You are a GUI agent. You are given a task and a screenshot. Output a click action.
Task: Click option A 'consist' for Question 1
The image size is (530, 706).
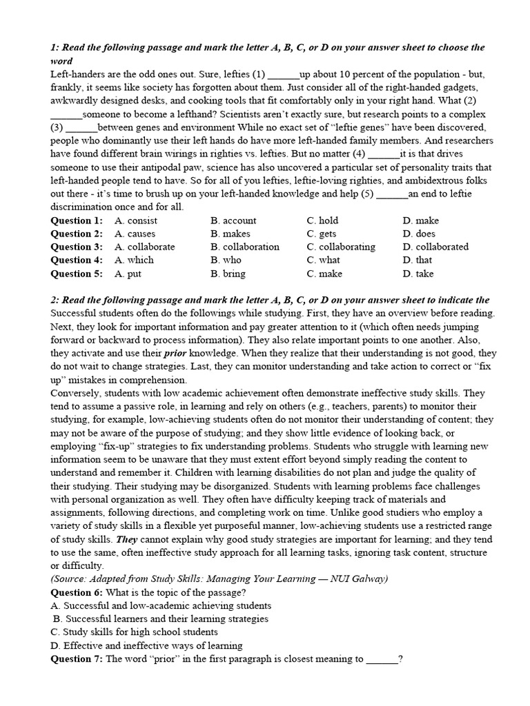(136, 221)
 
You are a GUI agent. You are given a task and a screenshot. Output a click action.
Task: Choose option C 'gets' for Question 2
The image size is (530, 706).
(322, 234)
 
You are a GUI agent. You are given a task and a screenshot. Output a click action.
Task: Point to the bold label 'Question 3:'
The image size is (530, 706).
(77, 247)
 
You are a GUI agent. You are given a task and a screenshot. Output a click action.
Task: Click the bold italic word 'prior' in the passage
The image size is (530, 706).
(175, 353)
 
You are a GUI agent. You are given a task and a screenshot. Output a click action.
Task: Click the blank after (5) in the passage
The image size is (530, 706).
(393, 194)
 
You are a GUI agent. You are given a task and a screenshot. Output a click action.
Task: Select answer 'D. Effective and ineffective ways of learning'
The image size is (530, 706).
(146, 645)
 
